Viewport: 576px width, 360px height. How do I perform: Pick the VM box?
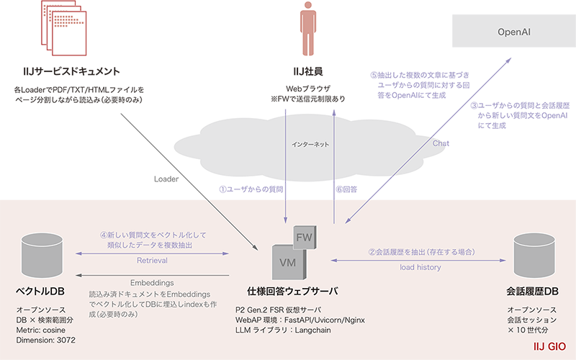(x=286, y=261)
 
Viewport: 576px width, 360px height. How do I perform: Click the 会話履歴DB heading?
(x=534, y=291)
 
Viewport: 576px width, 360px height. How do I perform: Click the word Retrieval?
(x=152, y=261)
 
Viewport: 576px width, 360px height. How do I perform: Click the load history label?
(x=420, y=267)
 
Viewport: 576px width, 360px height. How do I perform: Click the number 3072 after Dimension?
(x=64, y=338)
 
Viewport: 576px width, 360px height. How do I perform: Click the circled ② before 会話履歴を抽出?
(x=372, y=253)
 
